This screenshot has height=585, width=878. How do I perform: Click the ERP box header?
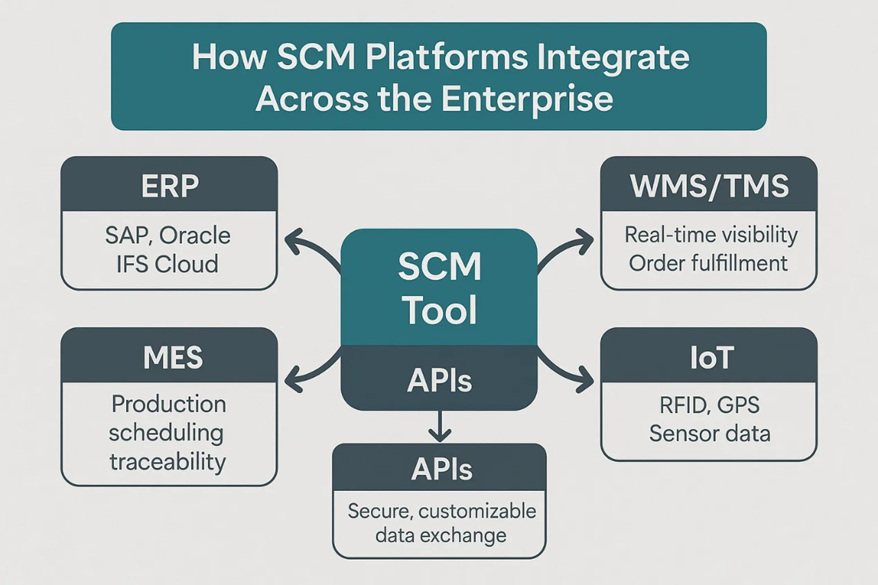coord(170,186)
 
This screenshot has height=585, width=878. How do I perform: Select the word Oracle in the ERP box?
coord(195,235)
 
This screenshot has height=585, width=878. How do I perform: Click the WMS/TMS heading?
coord(708,186)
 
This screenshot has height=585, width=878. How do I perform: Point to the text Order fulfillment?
coord(708,263)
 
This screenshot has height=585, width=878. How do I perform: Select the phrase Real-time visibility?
coord(711,235)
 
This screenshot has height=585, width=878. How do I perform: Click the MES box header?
coord(170,357)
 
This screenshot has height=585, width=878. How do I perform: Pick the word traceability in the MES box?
coord(168,461)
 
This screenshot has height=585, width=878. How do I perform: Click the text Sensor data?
coord(710,433)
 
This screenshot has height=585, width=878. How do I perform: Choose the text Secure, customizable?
coord(442,511)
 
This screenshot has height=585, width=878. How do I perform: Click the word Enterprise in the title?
coord(527,98)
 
